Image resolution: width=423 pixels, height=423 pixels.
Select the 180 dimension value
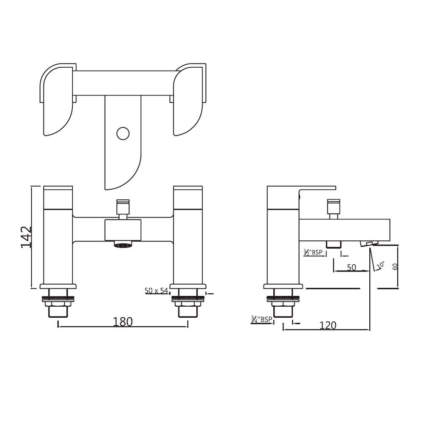(123, 321)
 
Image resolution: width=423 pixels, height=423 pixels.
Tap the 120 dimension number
(328, 325)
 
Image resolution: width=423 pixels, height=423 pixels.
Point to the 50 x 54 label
(157, 291)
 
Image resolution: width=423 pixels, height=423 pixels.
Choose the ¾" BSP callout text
(261, 320)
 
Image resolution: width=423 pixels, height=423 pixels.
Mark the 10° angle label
(380, 265)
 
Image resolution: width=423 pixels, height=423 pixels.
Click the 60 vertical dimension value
(395, 267)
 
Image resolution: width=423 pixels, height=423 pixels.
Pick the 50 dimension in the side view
(351, 267)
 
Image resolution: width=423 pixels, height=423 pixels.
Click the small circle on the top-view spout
(123, 133)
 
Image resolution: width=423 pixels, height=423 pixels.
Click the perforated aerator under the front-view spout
(123, 244)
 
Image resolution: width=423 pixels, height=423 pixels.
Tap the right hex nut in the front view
(187, 305)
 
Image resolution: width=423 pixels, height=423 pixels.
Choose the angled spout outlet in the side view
(367, 243)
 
